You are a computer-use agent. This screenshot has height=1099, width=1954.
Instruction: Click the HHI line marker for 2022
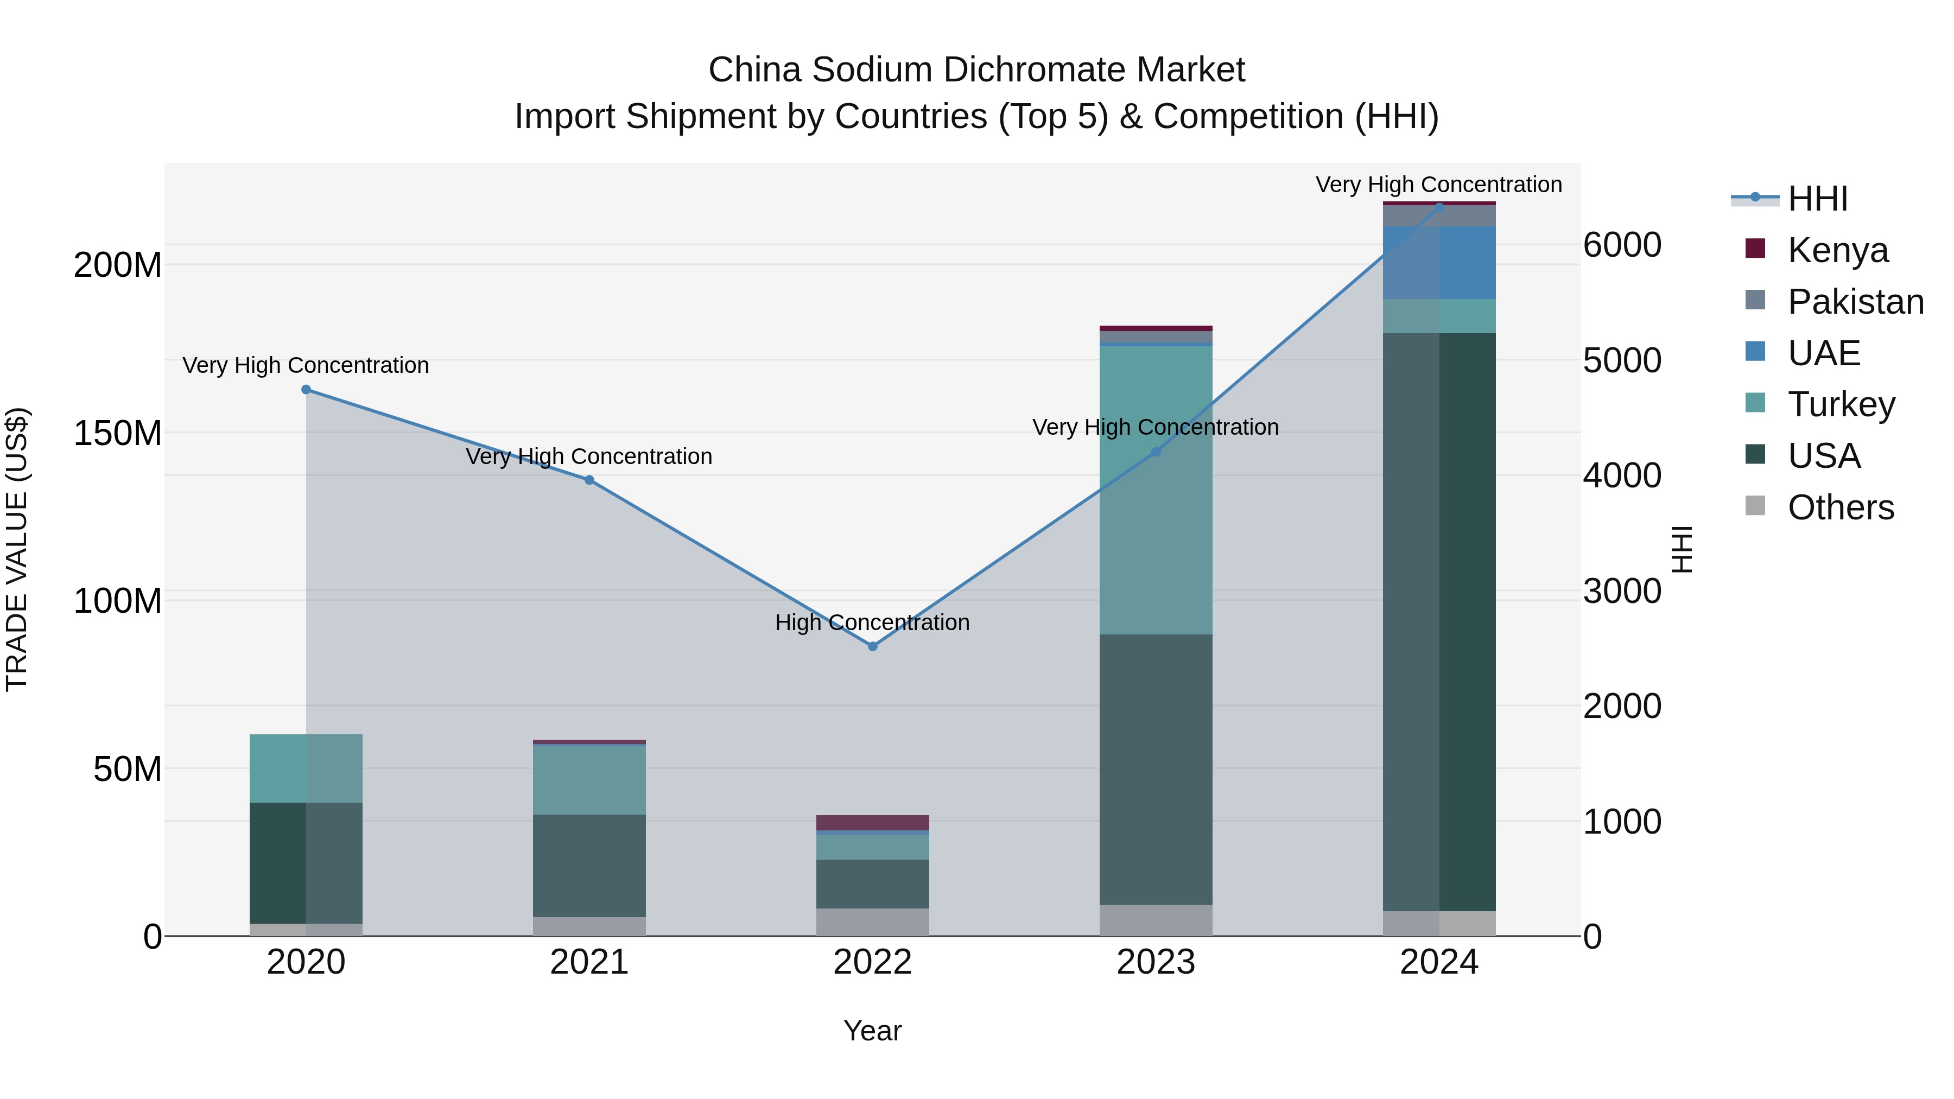coord(872,646)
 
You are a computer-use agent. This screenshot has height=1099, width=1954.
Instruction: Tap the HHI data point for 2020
coord(306,390)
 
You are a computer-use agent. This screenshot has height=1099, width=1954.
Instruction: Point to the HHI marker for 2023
coord(1156,452)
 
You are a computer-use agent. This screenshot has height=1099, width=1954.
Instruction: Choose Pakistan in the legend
coord(1855,302)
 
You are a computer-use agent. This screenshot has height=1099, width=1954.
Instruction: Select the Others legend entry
coord(1840,507)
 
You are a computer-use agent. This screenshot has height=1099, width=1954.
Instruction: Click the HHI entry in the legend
coord(1817,199)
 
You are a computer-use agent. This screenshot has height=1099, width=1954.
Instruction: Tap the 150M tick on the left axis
coord(118,433)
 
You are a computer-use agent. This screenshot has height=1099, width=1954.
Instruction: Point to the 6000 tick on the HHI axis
coord(1622,245)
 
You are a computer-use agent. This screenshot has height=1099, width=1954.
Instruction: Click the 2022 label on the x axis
coord(872,962)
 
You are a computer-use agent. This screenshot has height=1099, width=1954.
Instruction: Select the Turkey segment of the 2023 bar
coord(1156,489)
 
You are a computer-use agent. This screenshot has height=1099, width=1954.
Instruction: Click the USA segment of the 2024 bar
coord(1439,622)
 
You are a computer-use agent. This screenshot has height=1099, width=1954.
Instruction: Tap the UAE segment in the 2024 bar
coord(1439,263)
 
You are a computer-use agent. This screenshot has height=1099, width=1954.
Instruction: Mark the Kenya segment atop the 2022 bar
coord(872,823)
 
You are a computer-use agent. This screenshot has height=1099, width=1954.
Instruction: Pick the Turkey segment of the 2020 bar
coord(306,768)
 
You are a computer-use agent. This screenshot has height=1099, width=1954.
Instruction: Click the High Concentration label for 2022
coord(872,622)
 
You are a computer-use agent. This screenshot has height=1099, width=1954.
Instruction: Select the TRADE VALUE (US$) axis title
coord(17,549)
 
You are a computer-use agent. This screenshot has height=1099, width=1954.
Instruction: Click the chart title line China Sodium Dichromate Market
coord(976,70)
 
